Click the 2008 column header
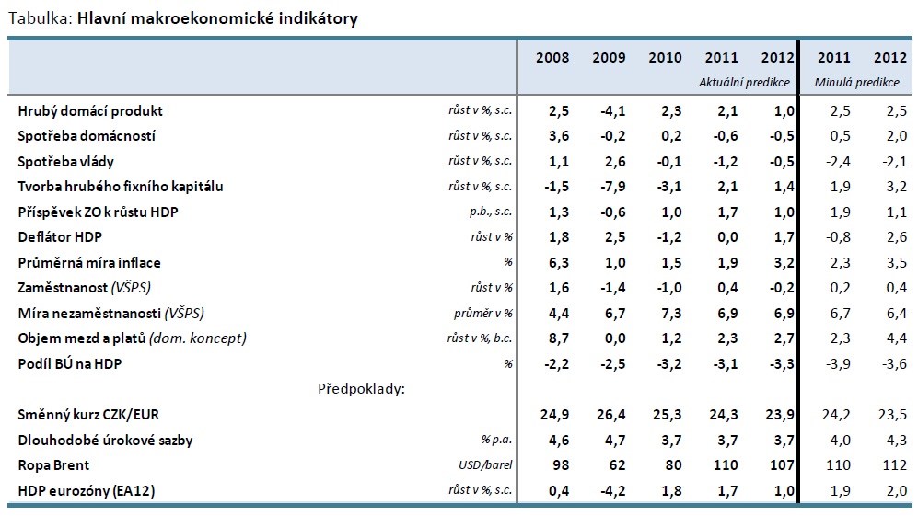click(x=552, y=57)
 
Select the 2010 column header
click(x=665, y=57)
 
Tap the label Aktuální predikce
click(x=744, y=83)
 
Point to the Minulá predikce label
click(x=856, y=83)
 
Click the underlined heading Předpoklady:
click(x=361, y=389)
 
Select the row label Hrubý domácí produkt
click(x=90, y=111)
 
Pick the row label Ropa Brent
click(x=53, y=465)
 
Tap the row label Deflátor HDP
click(x=60, y=237)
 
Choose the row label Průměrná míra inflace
click(x=89, y=263)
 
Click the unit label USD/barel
click(x=485, y=465)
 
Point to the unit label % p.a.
click(x=496, y=440)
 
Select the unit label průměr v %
click(x=483, y=313)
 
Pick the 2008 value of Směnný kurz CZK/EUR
click(x=554, y=415)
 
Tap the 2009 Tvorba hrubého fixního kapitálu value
click(x=613, y=187)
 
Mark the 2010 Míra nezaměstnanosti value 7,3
click(x=671, y=314)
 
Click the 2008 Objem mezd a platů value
click(x=559, y=338)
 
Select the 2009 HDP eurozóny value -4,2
click(x=613, y=491)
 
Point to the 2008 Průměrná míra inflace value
click(x=559, y=263)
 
